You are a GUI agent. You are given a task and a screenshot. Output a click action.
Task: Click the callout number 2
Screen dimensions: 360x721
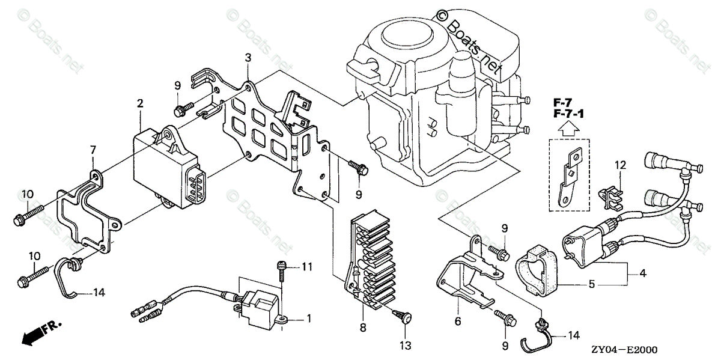[139, 104]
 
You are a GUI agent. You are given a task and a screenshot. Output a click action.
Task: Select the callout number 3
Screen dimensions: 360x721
[248, 58]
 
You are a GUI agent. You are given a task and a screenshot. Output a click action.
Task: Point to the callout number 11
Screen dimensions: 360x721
[307, 266]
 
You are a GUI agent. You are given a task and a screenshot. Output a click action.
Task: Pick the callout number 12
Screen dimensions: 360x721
[620, 165]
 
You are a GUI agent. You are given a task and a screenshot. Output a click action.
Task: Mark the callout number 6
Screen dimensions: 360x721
[458, 322]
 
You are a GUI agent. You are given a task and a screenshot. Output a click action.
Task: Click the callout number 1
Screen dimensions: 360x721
[309, 317]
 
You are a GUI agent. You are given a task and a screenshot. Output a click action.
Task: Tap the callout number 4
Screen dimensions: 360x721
[642, 273]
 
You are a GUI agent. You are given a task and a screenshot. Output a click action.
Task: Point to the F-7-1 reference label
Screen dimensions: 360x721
[568, 114]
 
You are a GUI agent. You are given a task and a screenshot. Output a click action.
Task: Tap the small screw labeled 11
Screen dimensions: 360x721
[281, 272]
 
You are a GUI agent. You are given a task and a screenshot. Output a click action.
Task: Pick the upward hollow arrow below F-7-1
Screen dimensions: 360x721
[568, 127]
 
